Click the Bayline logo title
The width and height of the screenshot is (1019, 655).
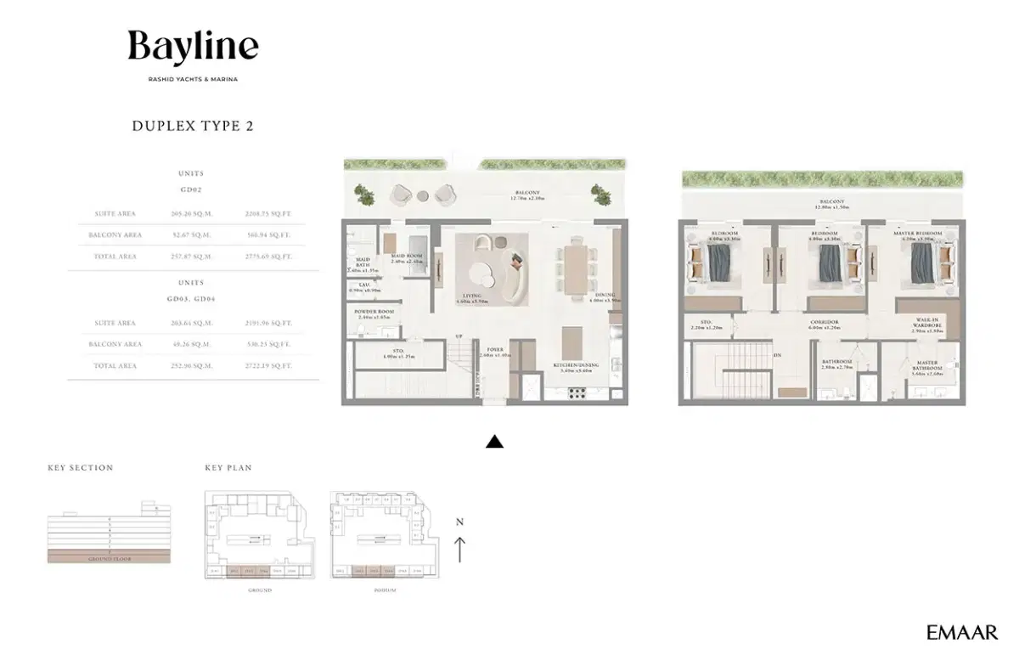(x=193, y=46)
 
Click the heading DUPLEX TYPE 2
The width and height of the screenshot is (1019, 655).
(x=193, y=126)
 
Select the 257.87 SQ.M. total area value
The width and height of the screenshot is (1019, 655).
(x=191, y=256)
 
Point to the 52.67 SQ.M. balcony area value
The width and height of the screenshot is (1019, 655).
(x=191, y=234)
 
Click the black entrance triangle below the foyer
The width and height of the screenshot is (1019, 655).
(x=494, y=442)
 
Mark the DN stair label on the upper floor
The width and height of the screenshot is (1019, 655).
(x=777, y=356)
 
